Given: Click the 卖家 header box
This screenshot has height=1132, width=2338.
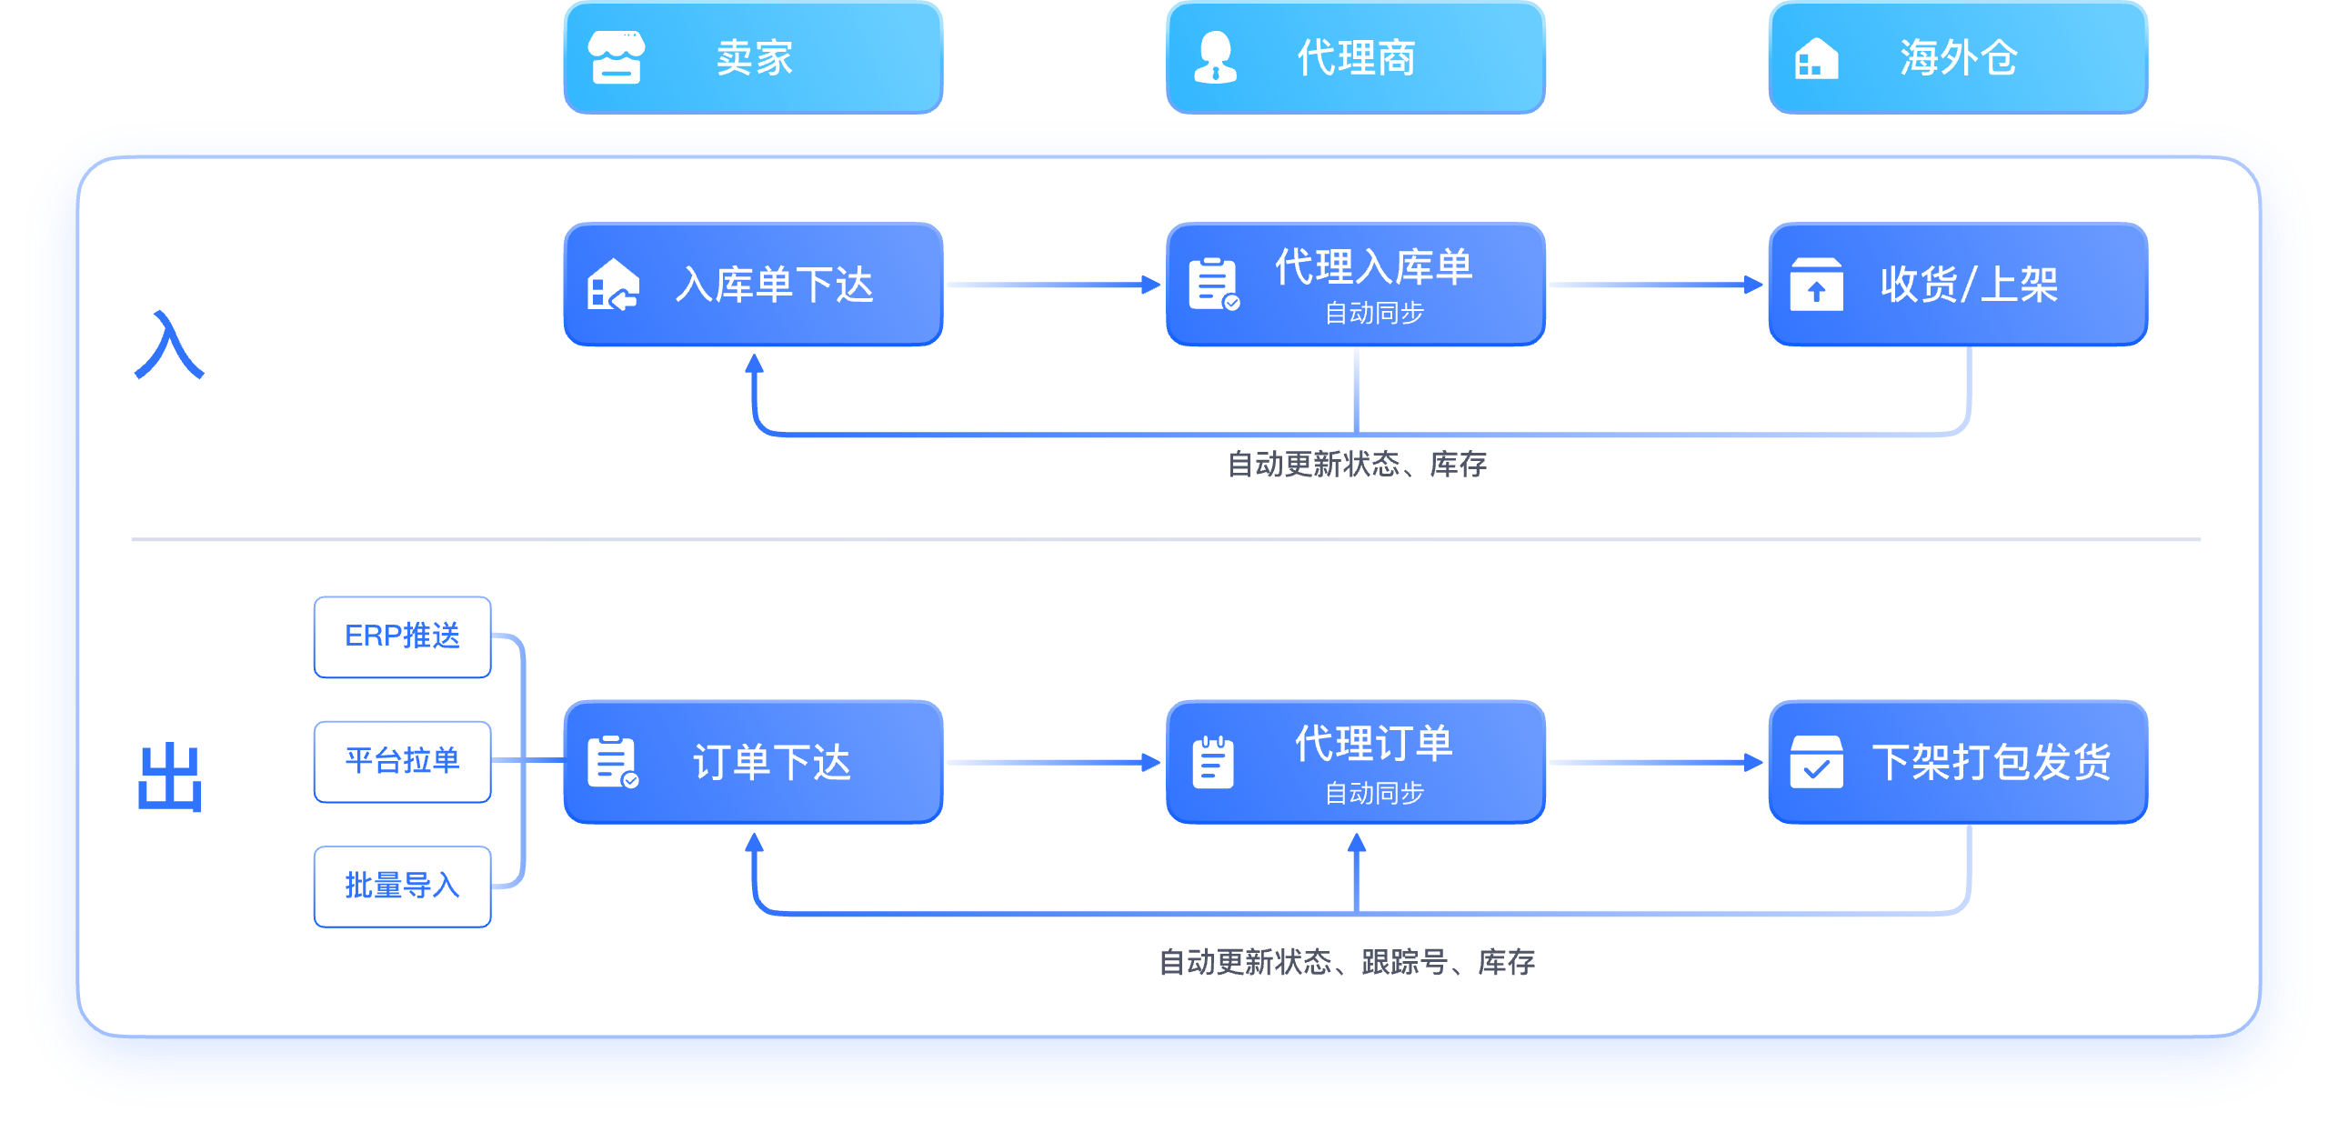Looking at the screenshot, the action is pos(753,57).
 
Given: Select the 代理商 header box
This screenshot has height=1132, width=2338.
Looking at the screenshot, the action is pos(1356,57).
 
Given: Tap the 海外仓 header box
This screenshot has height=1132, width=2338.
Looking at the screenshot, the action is pos(1959,57).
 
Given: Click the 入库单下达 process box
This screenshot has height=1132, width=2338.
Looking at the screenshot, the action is pos(753,285).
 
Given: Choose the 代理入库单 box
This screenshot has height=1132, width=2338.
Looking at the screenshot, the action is pos(1356,285).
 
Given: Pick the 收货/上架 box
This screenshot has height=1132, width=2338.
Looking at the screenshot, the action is pos(1959,285).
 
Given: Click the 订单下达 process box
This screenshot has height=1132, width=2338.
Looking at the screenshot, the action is pos(753,762).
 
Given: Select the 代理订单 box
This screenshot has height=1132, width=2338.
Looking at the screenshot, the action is pos(1356,762).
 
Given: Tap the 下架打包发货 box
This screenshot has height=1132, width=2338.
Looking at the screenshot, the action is pos(1959,762).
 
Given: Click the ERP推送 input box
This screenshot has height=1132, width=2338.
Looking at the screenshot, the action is pos(403,636).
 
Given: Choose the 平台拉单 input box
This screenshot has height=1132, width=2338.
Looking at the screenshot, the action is pos(403,761).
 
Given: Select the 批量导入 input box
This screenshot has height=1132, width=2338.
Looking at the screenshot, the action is pos(403,887).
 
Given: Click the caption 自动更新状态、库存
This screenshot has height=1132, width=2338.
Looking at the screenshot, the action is pos(1357,465).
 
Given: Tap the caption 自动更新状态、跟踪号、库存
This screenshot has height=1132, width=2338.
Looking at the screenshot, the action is pos(1347,962).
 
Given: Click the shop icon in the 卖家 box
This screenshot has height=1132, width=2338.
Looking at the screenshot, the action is pos(617,57).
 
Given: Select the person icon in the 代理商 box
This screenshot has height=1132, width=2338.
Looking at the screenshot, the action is pos(1215,57).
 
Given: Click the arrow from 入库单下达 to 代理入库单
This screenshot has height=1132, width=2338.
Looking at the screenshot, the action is pos(1055,285).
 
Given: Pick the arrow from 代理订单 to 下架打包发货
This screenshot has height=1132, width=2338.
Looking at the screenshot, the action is pos(1657,762).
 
